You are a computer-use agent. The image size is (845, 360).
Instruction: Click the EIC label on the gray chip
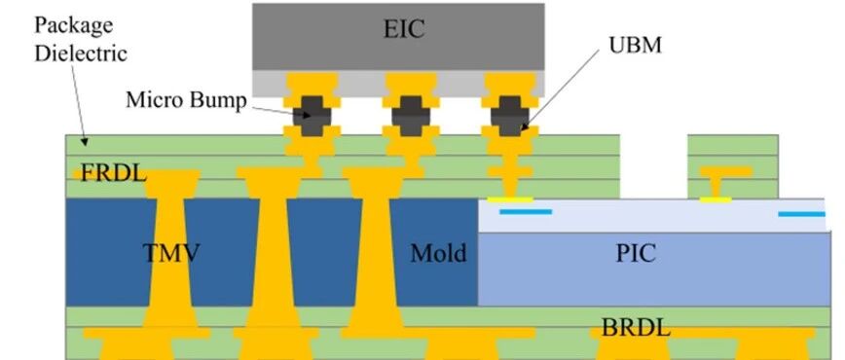[x=404, y=28]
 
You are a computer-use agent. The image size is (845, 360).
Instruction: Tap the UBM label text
[x=635, y=46]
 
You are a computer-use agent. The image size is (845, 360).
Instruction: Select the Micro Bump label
[x=186, y=99]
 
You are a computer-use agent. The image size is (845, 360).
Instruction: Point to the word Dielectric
[x=81, y=54]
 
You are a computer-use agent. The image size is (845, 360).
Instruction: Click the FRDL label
[x=113, y=173]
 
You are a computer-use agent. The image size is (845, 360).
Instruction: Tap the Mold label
[x=438, y=253]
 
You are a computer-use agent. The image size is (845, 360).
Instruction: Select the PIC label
[x=636, y=253]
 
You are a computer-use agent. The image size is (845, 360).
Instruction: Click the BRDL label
[x=636, y=327]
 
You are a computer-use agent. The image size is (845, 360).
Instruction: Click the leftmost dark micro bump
[x=312, y=116]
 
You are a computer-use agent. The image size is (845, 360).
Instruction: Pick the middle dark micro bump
[x=411, y=116]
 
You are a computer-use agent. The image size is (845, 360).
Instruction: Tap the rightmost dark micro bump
[x=510, y=116]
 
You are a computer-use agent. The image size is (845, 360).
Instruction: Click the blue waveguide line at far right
[x=801, y=214]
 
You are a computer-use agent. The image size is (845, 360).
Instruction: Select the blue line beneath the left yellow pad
[x=526, y=212]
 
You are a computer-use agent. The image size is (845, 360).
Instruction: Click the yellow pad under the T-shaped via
[x=716, y=199]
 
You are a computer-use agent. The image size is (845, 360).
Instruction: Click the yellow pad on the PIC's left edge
[x=510, y=199]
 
